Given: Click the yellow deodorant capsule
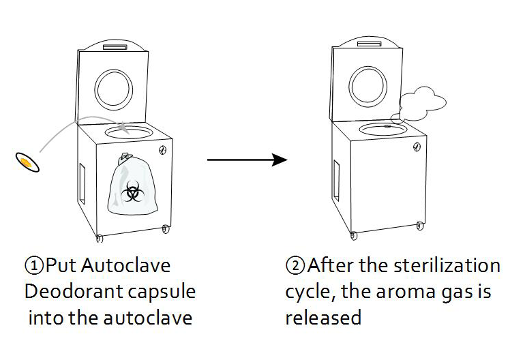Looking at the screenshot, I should click(27, 162).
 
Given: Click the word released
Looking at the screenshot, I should click(322, 318).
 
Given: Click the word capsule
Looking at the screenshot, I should click(164, 292).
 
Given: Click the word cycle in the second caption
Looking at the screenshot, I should click(307, 292).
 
